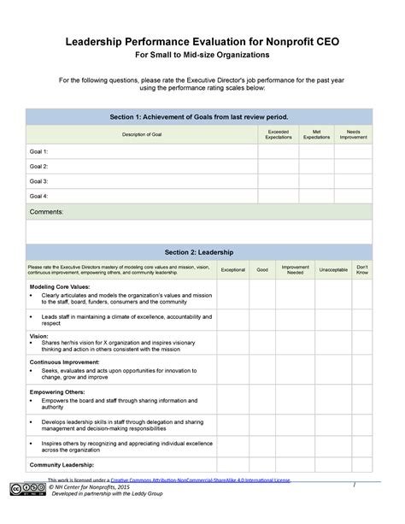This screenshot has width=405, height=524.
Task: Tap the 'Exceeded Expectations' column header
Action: coord(278,135)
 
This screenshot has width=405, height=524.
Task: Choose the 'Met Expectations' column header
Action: coord(316,135)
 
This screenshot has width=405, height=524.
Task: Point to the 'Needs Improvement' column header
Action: coord(353,135)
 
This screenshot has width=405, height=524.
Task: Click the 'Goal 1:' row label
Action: coord(39,151)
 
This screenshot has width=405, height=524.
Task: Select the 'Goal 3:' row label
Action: coord(39,181)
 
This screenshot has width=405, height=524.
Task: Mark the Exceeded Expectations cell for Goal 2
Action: coord(278,166)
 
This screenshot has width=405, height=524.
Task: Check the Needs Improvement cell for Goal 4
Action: coord(353,196)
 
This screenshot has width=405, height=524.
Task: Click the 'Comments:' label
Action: coord(47,211)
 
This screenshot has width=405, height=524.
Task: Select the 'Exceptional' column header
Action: coord(232,269)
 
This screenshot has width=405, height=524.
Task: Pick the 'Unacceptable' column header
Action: coord(333,269)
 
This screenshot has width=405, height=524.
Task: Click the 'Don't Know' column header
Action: coord(362,269)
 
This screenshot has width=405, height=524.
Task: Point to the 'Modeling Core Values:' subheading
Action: coord(60,286)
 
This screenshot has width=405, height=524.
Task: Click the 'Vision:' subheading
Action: coord(38,336)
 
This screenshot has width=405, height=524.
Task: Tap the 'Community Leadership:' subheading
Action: coord(62,464)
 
